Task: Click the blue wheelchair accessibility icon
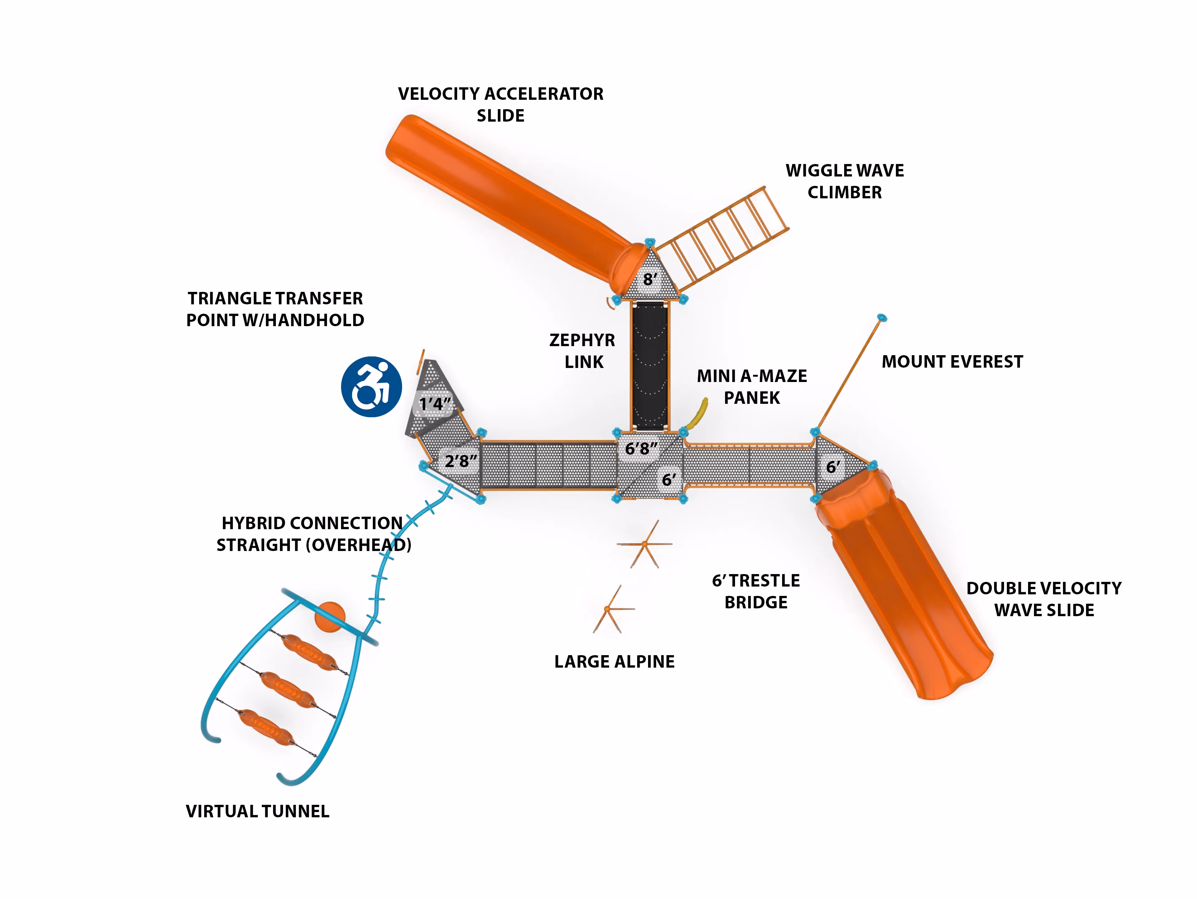click(371, 386)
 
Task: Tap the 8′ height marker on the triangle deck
click(650, 279)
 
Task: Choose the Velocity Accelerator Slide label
click(501, 104)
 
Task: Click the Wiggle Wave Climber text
click(845, 181)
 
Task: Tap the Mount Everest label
click(952, 361)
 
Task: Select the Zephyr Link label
click(583, 351)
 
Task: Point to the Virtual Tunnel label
click(257, 811)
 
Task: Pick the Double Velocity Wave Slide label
click(1044, 599)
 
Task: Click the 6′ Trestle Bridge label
click(756, 591)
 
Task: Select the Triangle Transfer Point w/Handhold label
click(276, 309)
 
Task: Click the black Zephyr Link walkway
click(650, 366)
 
